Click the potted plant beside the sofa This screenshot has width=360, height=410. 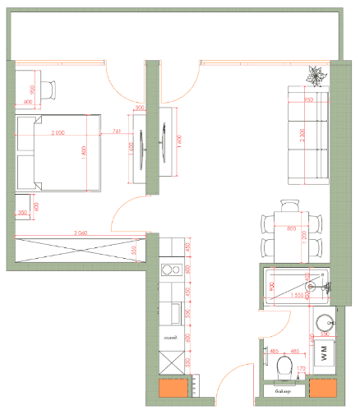[316, 76]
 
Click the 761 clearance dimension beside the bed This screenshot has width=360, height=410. [116, 131]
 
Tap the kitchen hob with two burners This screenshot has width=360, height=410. [172, 269]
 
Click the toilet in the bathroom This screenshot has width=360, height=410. [285, 366]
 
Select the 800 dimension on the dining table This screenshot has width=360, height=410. [290, 229]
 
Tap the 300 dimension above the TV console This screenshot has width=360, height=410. [139, 108]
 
